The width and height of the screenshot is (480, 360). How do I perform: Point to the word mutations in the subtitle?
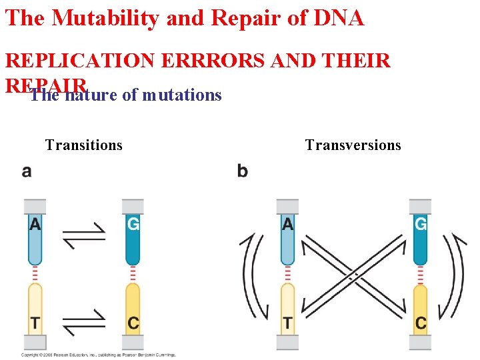click(182, 95)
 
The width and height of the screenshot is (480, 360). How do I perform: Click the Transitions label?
click(84, 145)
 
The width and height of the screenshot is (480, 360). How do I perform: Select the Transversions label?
click(353, 145)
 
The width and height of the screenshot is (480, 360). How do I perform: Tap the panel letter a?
click(27, 171)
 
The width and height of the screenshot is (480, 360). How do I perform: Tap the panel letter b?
click(242, 171)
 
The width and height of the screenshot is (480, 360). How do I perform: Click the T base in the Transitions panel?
click(35, 323)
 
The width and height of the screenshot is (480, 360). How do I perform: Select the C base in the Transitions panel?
click(133, 323)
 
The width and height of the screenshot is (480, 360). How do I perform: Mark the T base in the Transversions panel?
click(287, 323)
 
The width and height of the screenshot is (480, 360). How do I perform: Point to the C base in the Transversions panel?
click(421, 323)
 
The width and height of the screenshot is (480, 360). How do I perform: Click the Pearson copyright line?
click(99, 355)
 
